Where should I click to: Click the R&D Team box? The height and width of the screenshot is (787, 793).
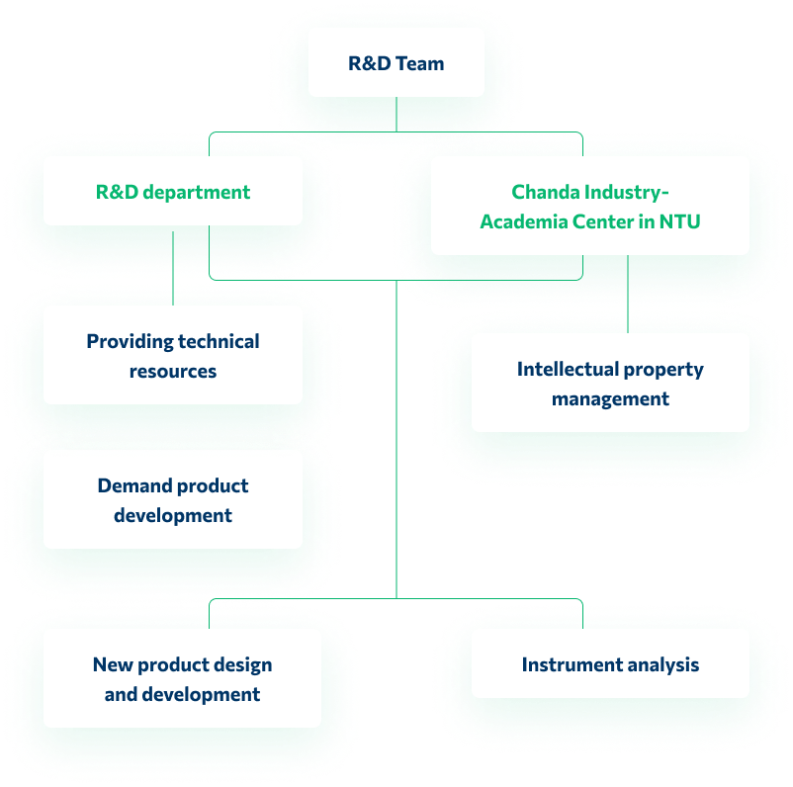[x=396, y=62]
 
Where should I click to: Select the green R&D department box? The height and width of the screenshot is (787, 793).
[x=173, y=192]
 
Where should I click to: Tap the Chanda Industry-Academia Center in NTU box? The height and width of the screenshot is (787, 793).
[x=589, y=207]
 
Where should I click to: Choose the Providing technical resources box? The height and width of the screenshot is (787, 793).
[x=173, y=355]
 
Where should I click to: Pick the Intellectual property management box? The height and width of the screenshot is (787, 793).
[x=610, y=383]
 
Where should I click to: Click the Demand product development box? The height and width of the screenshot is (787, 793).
[x=173, y=499]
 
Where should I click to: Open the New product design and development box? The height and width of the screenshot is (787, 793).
[x=182, y=678]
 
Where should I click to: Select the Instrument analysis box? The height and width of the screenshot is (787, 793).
[x=610, y=664]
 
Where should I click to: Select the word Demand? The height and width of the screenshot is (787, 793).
[x=132, y=485]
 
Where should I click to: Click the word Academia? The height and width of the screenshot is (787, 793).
[x=523, y=221]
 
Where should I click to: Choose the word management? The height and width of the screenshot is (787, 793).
[x=610, y=398]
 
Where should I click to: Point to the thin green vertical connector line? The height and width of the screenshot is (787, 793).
[x=396, y=445]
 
